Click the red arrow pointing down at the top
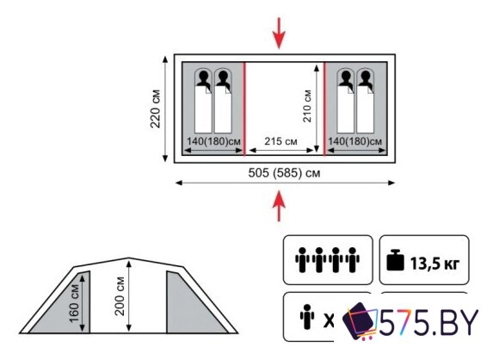[x=280, y=33]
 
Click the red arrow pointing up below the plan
[x=280, y=206]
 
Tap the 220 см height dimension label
[x=155, y=109]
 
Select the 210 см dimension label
[x=307, y=106]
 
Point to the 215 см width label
[x=280, y=141]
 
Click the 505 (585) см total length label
[x=284, y=173]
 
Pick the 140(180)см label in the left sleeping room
[x=213, y=141]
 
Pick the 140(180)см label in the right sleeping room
[x=355, y=141]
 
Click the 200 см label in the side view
[x=120, y=296]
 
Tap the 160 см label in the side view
[x=74, y=304]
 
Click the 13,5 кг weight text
[x=435, y=264]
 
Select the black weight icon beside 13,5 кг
[x=395, y=260]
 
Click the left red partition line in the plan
[x=244, y=109]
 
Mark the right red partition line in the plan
[x=324, y=109]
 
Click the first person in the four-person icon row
[x=302, y=260]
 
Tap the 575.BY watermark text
[x=428, y=322]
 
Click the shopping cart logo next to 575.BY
[x=360, y=321]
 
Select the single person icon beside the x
[x=307, y=316]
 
